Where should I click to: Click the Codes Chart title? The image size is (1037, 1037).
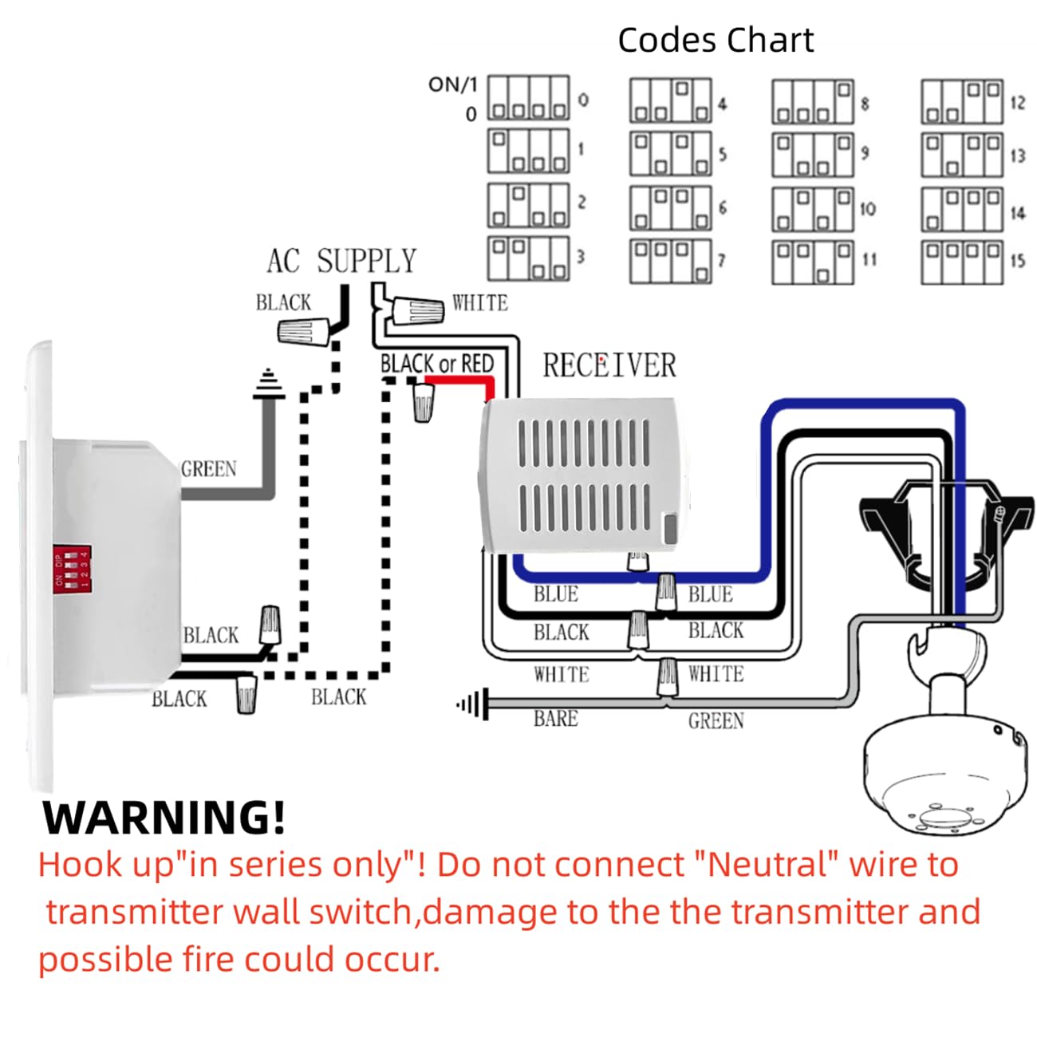point(716,40)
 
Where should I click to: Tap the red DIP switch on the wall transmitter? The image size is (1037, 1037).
point(72,569)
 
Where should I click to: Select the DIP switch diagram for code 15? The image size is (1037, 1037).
point(962,261)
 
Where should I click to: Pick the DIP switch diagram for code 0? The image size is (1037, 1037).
point(529,99)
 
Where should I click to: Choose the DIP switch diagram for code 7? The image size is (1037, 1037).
point(670,261)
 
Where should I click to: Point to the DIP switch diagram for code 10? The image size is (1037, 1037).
point(812,208)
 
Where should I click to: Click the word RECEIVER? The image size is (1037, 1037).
point(609,366)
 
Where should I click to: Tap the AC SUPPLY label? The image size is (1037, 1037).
point(341,262)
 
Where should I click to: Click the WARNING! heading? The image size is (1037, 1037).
point(164,818)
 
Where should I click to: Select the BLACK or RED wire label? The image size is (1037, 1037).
point(437,364)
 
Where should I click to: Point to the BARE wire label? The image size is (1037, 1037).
point(555,719)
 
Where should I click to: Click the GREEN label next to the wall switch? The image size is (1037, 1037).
point(209,469)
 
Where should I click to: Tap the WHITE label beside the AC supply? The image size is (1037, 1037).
point(479,303)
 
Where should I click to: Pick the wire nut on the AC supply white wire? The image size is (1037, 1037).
point(419,310)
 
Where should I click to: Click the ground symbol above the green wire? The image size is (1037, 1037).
point(268,385)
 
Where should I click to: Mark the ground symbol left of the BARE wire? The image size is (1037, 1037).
point(471,704)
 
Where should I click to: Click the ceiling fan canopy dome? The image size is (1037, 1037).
point(945,778)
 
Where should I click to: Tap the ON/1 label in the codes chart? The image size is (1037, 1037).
point(452,85)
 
